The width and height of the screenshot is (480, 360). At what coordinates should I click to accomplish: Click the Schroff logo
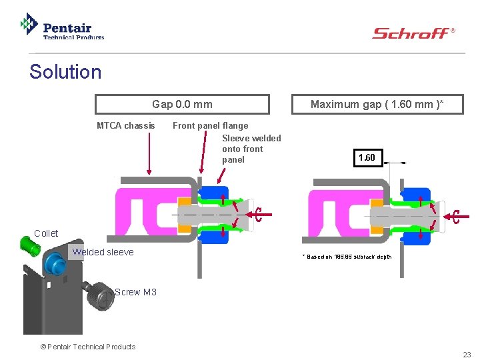(x=413, y=33)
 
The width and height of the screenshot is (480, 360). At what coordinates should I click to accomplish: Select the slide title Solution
(x=65, y=72)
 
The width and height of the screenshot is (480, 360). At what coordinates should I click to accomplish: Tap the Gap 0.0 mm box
(x=182, y=104)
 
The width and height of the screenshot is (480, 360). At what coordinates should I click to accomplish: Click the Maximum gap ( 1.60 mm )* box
(x=377, y=104)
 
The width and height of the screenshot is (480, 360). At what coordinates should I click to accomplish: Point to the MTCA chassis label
(x=125, y=125)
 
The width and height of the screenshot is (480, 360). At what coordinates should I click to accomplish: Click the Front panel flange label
(x=210, y=125)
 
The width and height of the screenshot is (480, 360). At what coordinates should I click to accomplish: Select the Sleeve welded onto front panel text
(x=251, y=149)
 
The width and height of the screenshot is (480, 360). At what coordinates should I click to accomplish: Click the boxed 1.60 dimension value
(x=367, y=158)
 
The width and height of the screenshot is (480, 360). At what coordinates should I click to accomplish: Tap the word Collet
(x=46, y=233)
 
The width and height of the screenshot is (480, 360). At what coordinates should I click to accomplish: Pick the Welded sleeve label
(x=103, y=252)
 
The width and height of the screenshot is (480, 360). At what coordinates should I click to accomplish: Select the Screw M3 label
(x=135, y=292)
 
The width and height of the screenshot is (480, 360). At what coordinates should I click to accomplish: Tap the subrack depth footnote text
(x=347, y=257)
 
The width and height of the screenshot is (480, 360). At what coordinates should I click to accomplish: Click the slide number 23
(x=467, y=355)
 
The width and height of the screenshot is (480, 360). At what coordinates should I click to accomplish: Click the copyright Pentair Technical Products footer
(x=87, y=347)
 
